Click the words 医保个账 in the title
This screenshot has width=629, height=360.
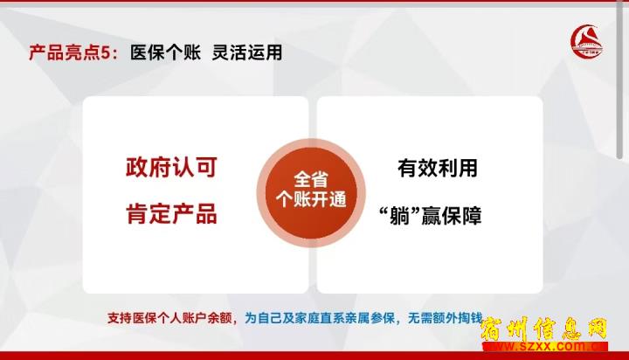coord(165,52)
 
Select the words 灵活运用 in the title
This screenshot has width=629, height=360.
coord(247,52)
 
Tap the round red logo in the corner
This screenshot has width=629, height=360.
coord(586,41)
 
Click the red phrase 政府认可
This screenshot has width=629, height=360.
coord(171,168)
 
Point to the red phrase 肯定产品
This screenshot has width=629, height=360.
coord(171,213)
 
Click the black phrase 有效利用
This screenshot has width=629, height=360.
coord(438,168)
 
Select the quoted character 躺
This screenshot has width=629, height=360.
coord(399,216)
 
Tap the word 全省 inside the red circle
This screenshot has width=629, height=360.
coord(311,180)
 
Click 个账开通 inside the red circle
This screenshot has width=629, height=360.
coord(311,199)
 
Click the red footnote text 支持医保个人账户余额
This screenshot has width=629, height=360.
coord(169,318)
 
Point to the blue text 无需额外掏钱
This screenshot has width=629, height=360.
coord(446,318)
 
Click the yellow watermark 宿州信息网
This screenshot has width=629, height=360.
coord(544,329)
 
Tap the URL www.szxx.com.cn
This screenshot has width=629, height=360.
coord(545,346)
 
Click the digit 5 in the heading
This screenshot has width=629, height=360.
coord(105,53)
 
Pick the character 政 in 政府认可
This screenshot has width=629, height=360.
coord(138,168)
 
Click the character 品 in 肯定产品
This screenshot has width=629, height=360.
coord(206,213)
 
